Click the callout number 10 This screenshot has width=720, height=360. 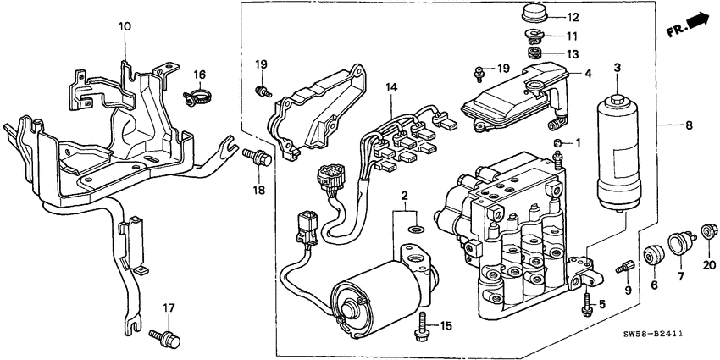coord(125,27)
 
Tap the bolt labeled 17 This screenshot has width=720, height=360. coord(167,339)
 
